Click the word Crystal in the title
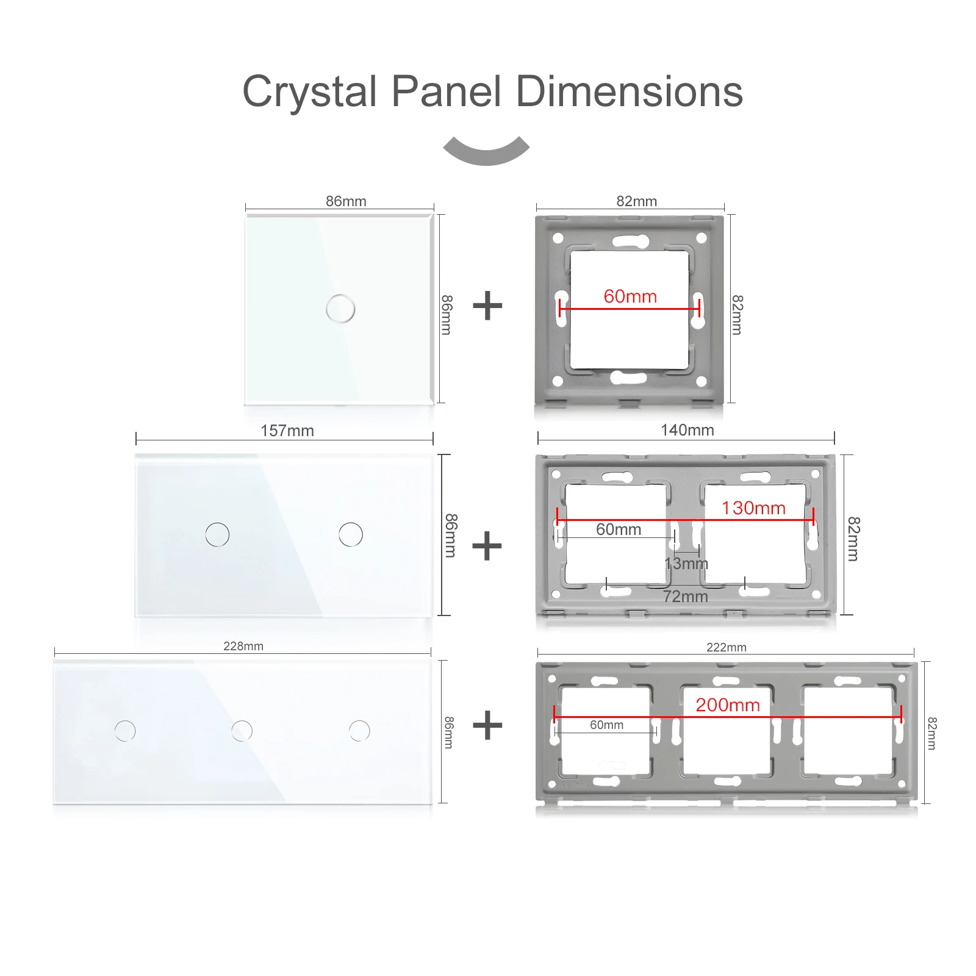click(310, 91)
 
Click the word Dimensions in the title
click(630, 91)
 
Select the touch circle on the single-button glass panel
click(340, 308)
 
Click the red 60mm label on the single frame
click(630, 296)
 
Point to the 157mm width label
click(287, 431)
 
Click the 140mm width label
click(687, 430)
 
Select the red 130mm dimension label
click(753, 508)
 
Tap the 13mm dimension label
click(686, 564)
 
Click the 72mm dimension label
click(686, 597)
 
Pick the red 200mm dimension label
click(728, 705)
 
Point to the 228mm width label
click(243, 646)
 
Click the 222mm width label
click(727, 647)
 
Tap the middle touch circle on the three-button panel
click(242, 731)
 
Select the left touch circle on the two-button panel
click(217, 534)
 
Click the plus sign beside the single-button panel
click(487, 306)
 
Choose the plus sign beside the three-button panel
click(487, 725)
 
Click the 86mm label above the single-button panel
click(346, 201)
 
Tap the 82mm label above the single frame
click(636, 201)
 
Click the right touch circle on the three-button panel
click(359, 731)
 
